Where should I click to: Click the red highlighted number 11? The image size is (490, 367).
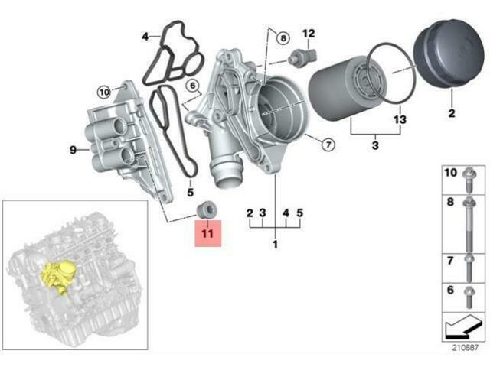[207, 233]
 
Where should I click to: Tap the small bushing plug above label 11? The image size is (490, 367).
[207, 209]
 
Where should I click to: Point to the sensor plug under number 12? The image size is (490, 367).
[302, 57]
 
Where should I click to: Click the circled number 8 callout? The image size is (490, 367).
[283, 38]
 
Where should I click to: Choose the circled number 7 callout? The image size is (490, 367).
[328, 145]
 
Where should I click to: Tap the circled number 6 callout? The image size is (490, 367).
[192, 85]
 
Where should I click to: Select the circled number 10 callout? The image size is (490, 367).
[104, 92]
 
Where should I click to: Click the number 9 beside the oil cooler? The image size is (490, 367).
[73, 150]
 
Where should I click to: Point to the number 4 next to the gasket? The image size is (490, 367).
[145, 37]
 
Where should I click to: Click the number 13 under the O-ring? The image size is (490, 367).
[400, 119]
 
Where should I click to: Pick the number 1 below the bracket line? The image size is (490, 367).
[275, 245]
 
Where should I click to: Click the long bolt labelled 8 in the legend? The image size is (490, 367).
[469, 224]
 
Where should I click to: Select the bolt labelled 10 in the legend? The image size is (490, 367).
[469, 180]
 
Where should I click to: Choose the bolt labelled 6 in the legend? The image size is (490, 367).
[469, 297]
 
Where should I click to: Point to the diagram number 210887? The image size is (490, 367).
[465, 348]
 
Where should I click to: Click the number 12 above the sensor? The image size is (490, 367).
[309, 34]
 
